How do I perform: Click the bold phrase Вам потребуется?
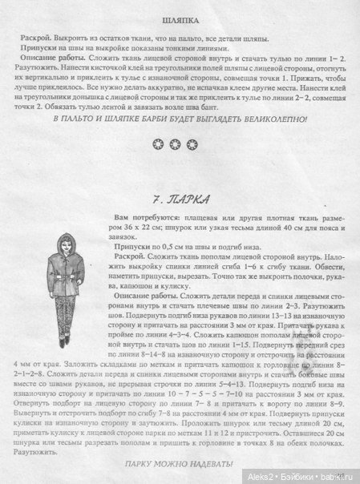148,219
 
